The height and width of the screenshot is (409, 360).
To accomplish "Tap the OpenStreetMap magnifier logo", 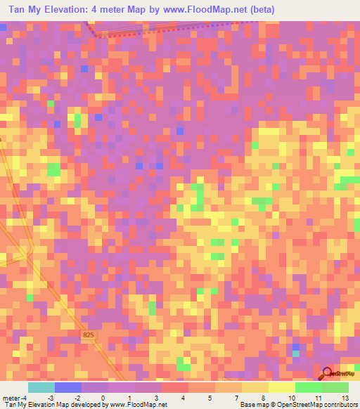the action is click(328, 374).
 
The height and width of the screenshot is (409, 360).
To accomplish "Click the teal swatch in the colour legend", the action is click(41, 387).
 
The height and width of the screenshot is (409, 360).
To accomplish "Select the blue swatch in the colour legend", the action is click(67, 387).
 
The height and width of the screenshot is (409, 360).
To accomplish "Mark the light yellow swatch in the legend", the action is click(281, 387).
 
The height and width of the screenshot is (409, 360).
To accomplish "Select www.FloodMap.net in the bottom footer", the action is click(135, 405).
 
